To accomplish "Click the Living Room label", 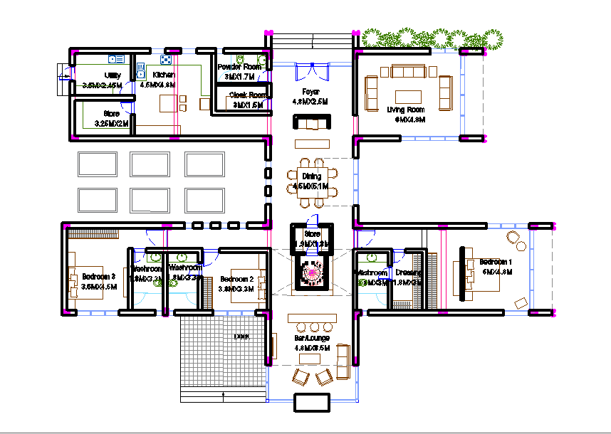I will (x=405, y=110).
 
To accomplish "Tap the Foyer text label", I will (x=310, y=92).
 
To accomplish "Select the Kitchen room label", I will (x=163, y=75).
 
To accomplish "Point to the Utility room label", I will (x=112, y=75).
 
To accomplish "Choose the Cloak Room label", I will (x=248, y=95).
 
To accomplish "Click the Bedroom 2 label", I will (x=237, y=279).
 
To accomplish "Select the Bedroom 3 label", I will (x=98, y=276).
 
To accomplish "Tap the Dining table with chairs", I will (x=311, y=181).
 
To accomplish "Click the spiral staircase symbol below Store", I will (x=311, y=271).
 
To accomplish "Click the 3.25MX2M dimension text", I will (x=112, y=124).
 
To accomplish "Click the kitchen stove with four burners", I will (x=166, y=60).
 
